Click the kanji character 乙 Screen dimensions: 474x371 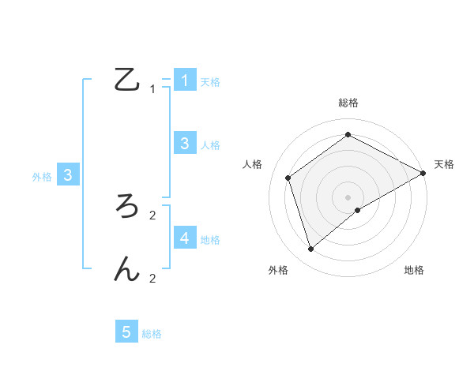point(127,80)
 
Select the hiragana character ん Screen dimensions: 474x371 point(127,268)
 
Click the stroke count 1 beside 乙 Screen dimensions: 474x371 point(152,89)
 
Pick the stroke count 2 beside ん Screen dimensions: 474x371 point(152,278)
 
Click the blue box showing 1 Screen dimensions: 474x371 point(184,80)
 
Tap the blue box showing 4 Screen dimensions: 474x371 point(184,238)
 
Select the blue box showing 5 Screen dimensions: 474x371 point(126,332)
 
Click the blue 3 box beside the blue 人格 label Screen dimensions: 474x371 point(184,143)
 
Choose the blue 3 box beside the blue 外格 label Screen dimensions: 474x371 point(68,175)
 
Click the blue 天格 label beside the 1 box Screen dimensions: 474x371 point(210,81)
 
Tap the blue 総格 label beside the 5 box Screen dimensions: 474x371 point(152,334)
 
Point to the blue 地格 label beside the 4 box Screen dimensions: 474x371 point(210,239)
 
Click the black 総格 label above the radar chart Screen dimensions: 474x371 point(348,103)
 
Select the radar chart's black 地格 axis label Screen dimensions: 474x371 point(414,270)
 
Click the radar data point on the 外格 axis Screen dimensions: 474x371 point(311,249)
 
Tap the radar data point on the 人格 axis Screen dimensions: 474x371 point(288,178)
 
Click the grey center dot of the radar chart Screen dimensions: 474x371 point(348,197)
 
